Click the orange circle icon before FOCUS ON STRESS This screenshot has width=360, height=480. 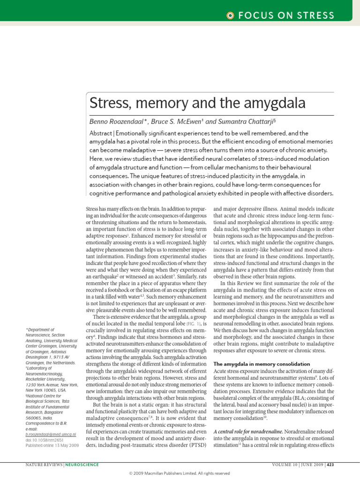click(x=230, y=15)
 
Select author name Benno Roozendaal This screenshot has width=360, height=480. click(x=118, y=121)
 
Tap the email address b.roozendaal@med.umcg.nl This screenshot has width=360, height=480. click(x=51, y=435)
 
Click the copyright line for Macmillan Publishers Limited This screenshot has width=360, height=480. click(x=180, y=473)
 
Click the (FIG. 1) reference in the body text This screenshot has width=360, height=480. click(x=193, y=323)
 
